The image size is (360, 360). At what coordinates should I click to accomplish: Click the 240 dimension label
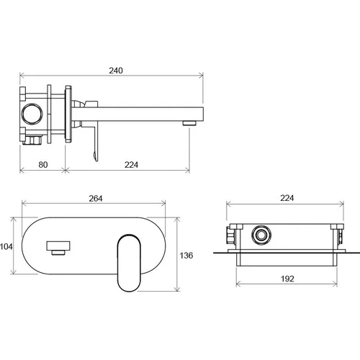pyautogui.click(x=116, y=71)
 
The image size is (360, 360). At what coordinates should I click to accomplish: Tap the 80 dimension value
pyautogui.click(x=43, y=165)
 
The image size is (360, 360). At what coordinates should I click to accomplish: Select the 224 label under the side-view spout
pyautogui.click(x=131, y=165)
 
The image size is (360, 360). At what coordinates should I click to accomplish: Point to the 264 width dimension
pyautogui.click(x=96, y=199)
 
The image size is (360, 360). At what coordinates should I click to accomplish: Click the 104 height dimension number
pyautogui.click(x=6, y=246)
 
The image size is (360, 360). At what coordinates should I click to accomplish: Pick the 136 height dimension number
pyautogui.click(x=186, y=256)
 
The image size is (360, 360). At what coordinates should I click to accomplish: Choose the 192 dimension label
pyautogui.click(x=287, y=279)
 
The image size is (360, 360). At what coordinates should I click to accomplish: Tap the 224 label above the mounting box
pyautogui.click(x=287, y=198)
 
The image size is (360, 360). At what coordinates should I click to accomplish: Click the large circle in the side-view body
pyautogui.click(x=32, y=114)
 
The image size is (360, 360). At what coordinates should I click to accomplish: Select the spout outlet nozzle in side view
pyautogui.click(x=189, y=123)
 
